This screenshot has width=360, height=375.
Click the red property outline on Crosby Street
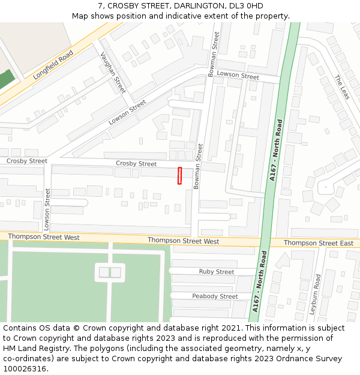tap(179, 176)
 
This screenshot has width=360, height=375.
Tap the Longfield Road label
tap(53, 65)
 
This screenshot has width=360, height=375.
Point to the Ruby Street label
tap(217, 272)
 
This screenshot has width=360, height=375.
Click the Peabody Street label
tap(215, 296)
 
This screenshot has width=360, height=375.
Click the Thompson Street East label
tap(319, 243)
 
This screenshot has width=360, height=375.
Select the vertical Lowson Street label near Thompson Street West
tap(47, 209)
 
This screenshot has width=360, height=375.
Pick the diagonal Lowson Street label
tap(127, 112)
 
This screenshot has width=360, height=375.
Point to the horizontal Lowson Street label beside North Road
tap(238, 76)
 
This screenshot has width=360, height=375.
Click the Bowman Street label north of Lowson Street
tap(213, 55)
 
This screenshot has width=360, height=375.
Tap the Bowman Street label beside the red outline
tap(198, 166)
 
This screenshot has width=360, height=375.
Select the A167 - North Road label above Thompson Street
tap(276, 150)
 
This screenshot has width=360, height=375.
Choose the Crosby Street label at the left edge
tap(27, 161)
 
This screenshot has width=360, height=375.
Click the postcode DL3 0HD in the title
tap(246, 5)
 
